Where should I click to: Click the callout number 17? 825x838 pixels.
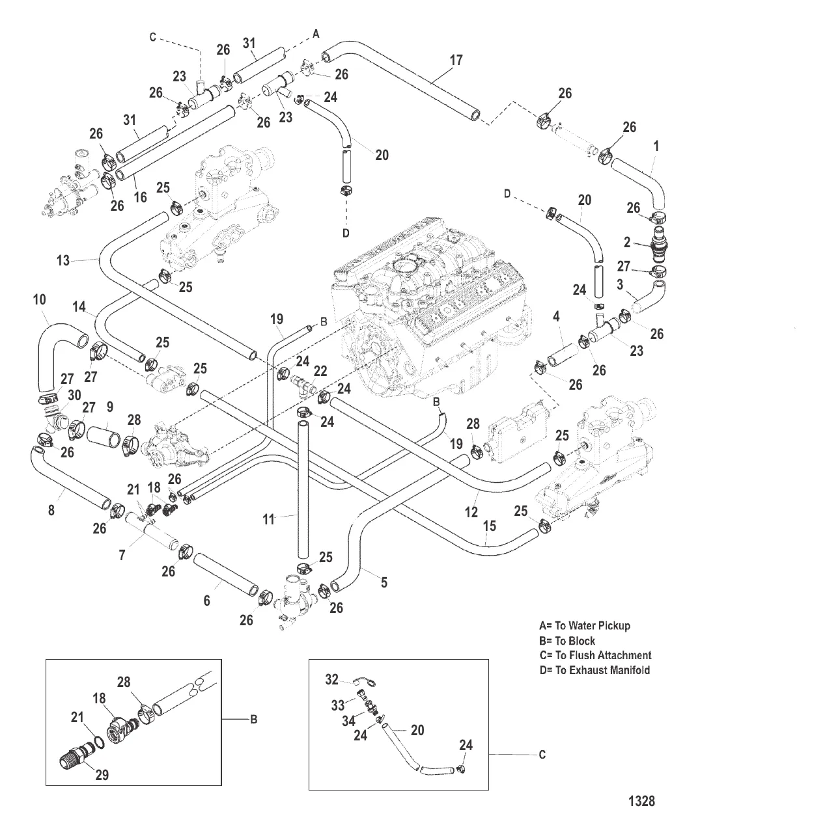456,61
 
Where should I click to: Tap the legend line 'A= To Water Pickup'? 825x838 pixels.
585,626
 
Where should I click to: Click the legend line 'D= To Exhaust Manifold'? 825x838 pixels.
594,670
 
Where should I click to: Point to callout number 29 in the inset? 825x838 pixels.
102,775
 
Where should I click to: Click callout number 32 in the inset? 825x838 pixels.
332,680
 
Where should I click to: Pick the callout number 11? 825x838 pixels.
269,519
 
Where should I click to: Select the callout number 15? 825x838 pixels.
489,524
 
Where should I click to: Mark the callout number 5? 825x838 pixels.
384,582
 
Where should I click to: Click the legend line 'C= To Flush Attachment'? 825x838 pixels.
595,655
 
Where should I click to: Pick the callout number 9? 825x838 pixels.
109,407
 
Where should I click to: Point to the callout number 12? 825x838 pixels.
471,496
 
